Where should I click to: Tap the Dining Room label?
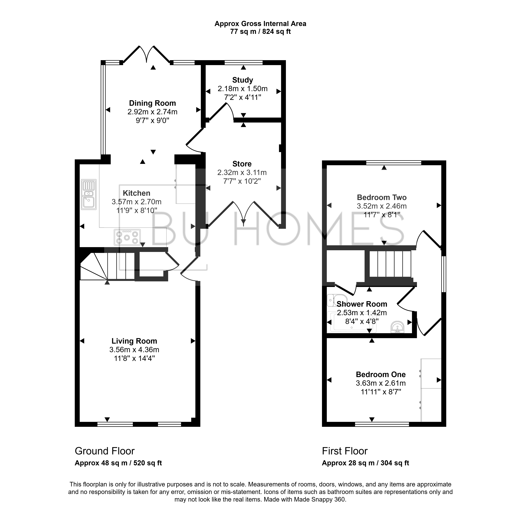pyautogui.click(x=152, y=103)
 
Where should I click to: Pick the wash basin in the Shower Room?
pyautogui.click(x=397, y=327)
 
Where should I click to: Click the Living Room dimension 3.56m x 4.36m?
pyautogui.click(x=134, y=350)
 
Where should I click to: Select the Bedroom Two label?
pyautogui.click(x=382, y=198)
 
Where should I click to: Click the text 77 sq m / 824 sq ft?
pyautogui.click(x=260, y=32)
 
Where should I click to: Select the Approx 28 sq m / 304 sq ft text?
pyautogui.click(x=365, y=463)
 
